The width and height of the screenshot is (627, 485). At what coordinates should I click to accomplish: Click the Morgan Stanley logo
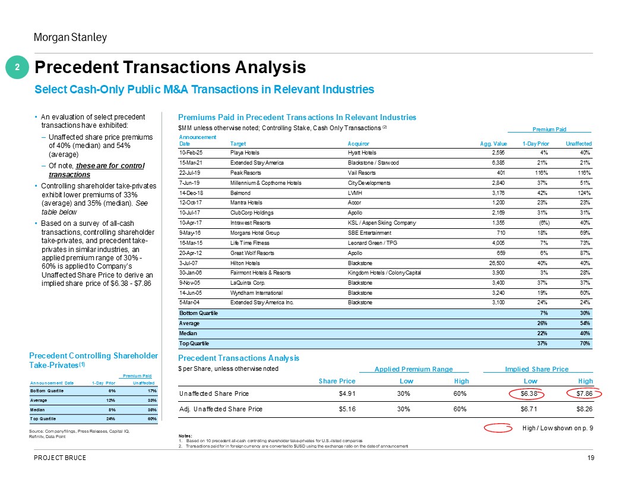[x=71, y=37]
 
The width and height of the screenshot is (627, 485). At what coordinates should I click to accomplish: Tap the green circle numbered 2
[x=17, y=67]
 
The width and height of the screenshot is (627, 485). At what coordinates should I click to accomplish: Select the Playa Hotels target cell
[x=245, y=153]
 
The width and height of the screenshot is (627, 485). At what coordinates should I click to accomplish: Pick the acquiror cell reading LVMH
[x=354, y=193]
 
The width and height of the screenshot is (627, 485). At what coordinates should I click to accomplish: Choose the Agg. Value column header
[x=493, y=144]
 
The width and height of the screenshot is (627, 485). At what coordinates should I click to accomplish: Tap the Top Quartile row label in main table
[x=194, y=344]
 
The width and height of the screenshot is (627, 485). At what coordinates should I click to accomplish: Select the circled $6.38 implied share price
[x=528, y=393]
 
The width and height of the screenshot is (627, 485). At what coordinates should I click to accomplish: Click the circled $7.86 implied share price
[x=584, y=393]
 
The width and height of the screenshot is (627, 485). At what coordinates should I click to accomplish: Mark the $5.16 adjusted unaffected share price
[x=347, y=409]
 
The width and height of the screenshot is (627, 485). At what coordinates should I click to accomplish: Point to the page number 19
[x=591, y=458]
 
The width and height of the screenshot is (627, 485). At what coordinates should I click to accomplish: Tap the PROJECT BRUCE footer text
[x=60, y=458]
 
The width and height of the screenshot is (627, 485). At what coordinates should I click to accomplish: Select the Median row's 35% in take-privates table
[x=152, y=410]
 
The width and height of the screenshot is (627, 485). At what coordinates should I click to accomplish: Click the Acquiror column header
[x=358, y=144]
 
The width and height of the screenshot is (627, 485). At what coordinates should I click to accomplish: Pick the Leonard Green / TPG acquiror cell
[x=372, y=243]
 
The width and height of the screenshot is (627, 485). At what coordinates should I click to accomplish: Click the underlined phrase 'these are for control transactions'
[x=96, y=170]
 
